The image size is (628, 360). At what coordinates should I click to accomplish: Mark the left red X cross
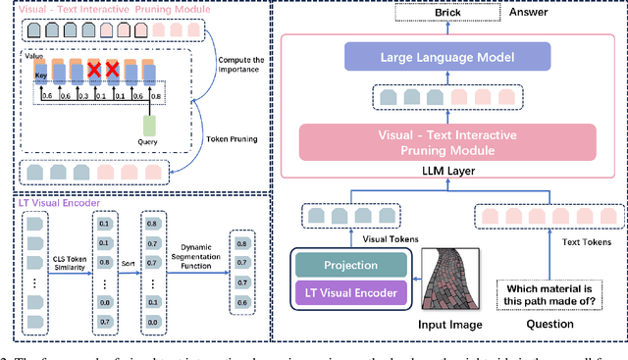point(93,72)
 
